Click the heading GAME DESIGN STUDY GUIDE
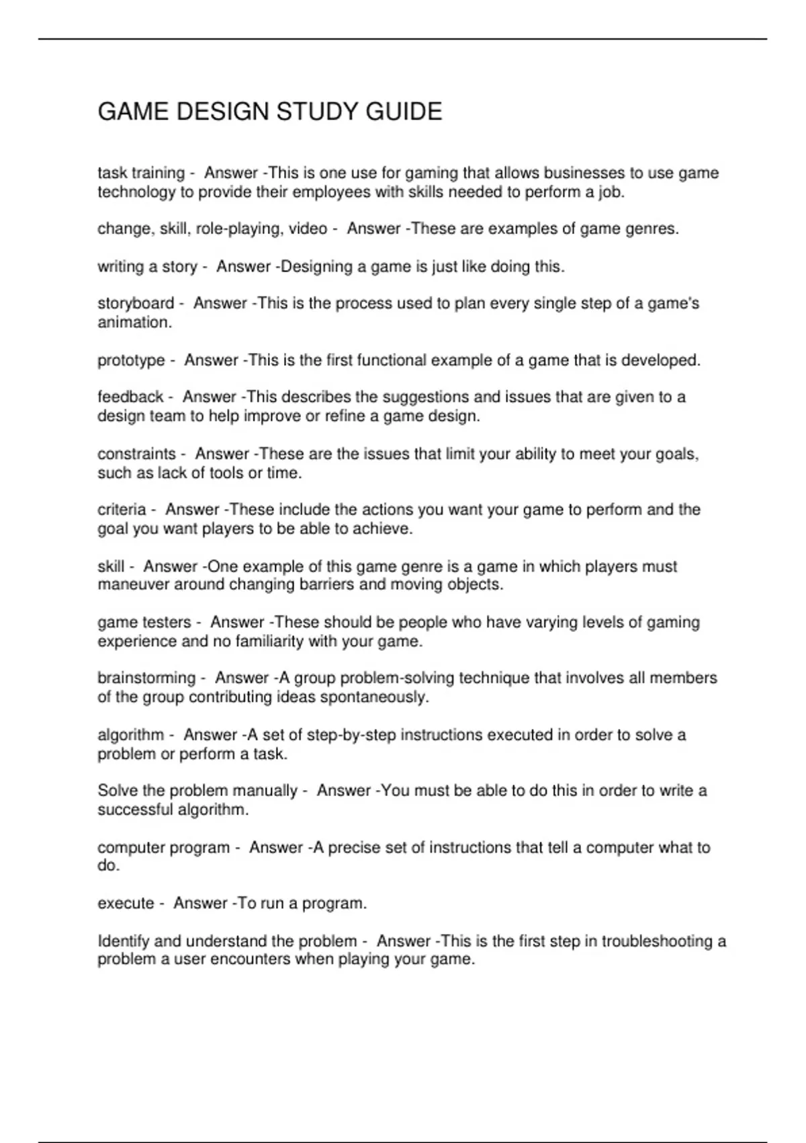coord(270,112)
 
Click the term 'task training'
coord(141,173)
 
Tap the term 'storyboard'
coord(136,304)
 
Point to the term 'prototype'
coord(131,360)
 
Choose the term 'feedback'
coord(130,397)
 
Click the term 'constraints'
coord(136,455)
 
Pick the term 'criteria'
coord(122,510)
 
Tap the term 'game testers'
coord(144,623)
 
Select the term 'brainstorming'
coord(146,678)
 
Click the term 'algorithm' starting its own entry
coord(131,735)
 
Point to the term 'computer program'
coord(163,848)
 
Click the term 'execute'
coord(126,904)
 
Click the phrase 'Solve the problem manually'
coord(197,791)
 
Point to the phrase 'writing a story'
coord(147,267)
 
